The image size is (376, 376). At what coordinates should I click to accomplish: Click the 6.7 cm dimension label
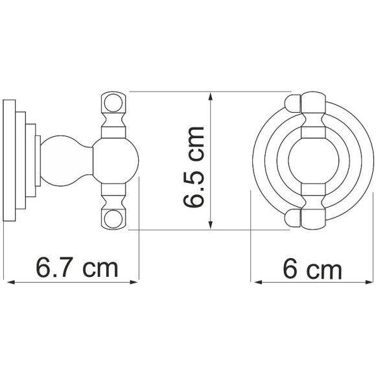tap(77, 267)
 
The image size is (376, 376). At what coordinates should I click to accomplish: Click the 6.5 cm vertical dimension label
tap(193, 167)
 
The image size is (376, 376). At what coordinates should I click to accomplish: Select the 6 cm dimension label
tap(312, 269)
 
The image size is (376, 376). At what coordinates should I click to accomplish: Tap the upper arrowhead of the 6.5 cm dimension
tap(210, 97)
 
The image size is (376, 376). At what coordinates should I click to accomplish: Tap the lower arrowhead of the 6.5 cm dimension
tap(210, 225)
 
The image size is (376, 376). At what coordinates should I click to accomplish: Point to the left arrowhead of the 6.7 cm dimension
tap(11, 283)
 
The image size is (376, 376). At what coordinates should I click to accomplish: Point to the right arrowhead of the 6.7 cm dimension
tap(134, 282)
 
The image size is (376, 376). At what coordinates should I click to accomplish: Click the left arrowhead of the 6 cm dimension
tap(258, 282)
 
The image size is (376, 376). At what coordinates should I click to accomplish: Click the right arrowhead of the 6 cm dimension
tap(370, 282)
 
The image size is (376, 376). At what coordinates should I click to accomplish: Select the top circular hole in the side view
tap(113, 103)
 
